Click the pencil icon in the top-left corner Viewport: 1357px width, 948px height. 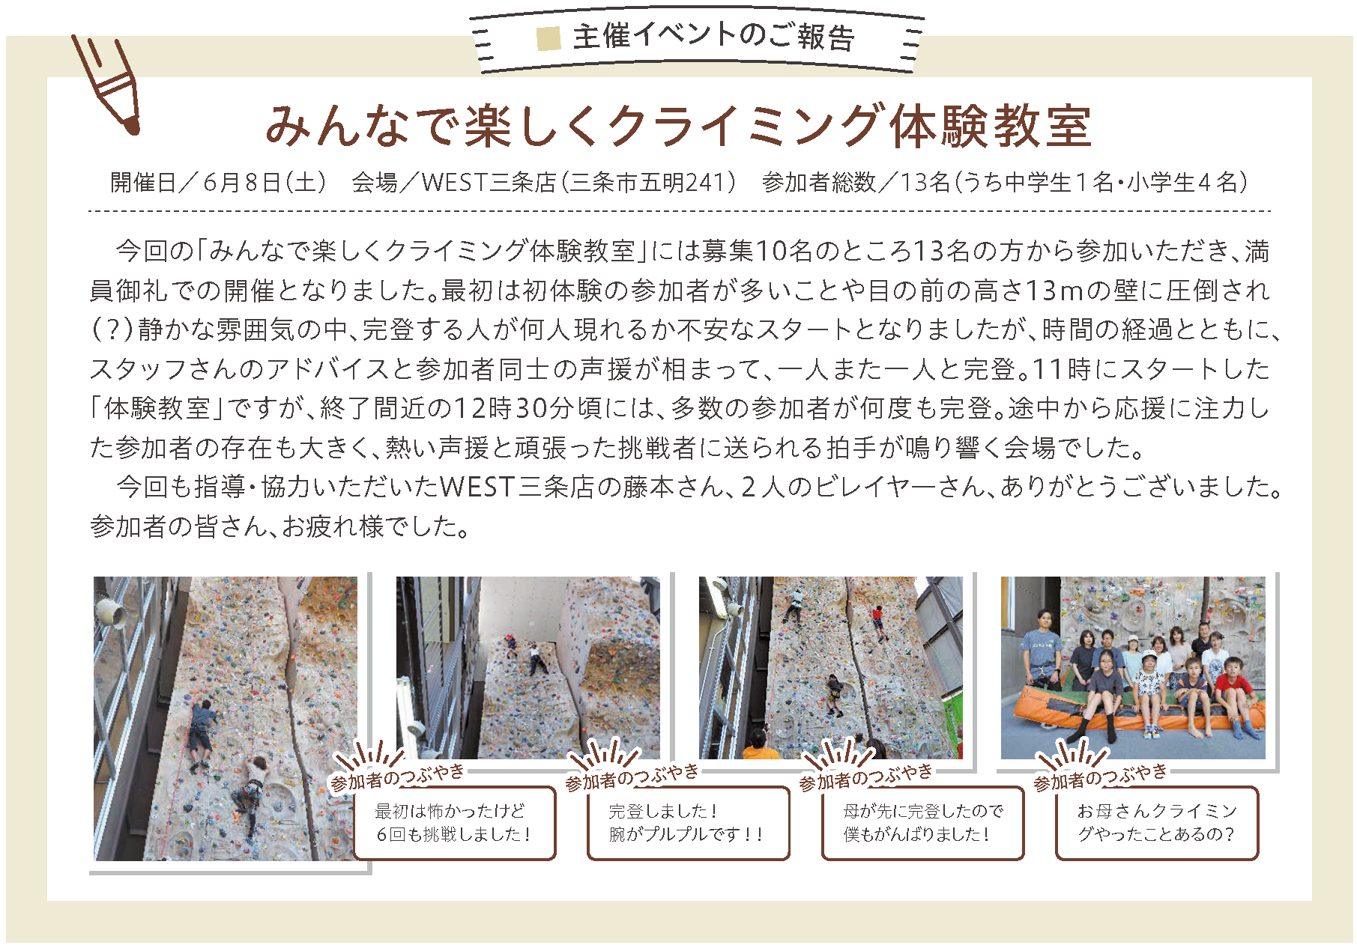click(106, 84)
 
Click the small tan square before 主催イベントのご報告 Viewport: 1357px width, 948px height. click(548, 38)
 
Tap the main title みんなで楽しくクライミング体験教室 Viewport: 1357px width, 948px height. click(678, 126)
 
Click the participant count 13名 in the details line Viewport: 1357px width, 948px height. click(925, 182)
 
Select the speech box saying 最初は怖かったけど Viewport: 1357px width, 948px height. click(454, 823)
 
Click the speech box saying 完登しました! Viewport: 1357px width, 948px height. click(688, 823)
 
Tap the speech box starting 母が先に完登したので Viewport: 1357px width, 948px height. click(922, 823)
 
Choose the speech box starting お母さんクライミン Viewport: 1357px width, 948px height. click(1157, 823)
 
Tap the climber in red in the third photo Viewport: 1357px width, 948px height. click(877, 624)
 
